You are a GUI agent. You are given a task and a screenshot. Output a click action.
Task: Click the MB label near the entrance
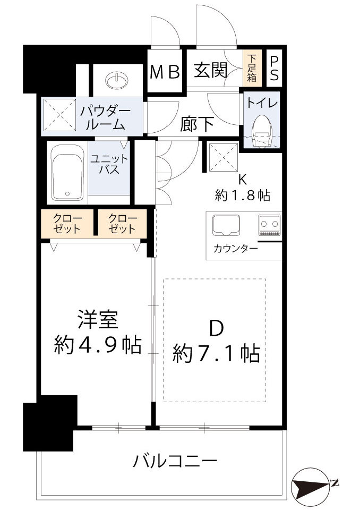[x=165, y=72]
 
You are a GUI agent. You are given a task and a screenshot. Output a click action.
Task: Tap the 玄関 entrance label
[x=211, y=70]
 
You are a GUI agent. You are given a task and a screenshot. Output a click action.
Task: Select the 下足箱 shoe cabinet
[x=252, y=67]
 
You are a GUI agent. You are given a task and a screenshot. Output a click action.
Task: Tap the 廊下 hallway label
[x=197, y=124]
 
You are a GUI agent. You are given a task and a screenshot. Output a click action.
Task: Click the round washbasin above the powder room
[x=117, y=81]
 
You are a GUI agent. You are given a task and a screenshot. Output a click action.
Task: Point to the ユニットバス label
[x=108, y=165]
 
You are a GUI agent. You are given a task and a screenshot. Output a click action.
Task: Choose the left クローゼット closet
[x=66, y=224]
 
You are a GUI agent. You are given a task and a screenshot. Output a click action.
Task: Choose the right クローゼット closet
[x=122, y=224]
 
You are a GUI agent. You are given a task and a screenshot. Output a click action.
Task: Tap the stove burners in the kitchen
[x=269, y=225]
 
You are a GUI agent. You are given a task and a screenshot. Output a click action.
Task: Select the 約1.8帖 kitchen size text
[x=243, y=195]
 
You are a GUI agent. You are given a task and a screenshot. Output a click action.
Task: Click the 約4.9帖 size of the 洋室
[x=98, y=346]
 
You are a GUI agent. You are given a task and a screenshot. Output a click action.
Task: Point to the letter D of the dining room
[x=216, y=329]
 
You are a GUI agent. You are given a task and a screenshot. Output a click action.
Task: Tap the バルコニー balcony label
[x=175, y=460]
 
